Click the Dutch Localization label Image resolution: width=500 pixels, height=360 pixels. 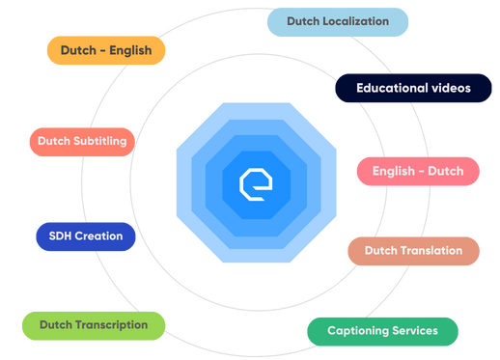pyautogui.click(x=337, y=21)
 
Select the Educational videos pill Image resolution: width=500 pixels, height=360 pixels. pyautogui.click(x=412, y=88)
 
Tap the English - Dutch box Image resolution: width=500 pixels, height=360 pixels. pyautogui.click(x=418, y=171)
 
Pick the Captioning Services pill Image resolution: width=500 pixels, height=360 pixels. pyautogui.click(x=382, y=331)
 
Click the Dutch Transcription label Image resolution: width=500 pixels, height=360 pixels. pyautogui.click(x=94, y=325)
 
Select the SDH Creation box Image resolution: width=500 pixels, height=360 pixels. pyautogui.click(x=85, y=235)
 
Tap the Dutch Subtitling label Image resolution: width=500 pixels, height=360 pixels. pyautogui.click(x=82, y=141)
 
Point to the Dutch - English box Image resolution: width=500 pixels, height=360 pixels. pyautogui.click(x=105, y=50)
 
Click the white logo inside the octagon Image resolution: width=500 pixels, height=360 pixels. pyautogui.click(x=256, y=183)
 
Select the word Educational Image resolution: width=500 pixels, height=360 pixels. pyautogui.click(x=392, y=88)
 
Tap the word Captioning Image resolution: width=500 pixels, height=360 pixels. pyautogui.click(x=358, y=331)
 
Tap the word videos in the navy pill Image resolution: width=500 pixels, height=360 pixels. pyautogui.click(x=450, y=88)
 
